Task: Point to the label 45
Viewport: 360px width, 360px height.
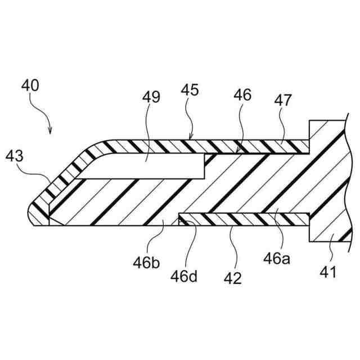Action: click(x=190, y=91)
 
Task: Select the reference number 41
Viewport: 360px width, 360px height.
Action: click(x=328, y=273)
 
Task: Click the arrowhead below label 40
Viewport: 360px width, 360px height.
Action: click(x=50, y=132)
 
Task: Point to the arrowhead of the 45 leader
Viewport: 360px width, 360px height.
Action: click(x=191, y=137)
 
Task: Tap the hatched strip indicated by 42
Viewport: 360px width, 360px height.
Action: click(x=242, y=219)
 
